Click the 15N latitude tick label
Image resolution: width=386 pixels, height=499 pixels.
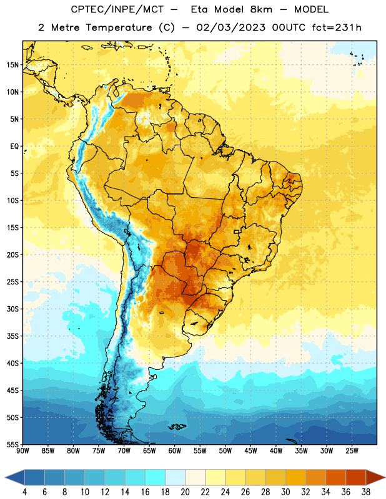[12, 65]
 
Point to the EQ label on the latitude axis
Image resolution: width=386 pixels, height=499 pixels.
[14, 147]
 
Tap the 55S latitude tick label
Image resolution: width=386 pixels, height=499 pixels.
[12, 444]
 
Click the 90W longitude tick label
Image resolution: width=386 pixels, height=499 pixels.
[22, 450]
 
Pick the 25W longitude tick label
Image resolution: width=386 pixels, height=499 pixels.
[352, 450]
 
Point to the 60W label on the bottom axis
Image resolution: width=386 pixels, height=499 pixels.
[175, 450]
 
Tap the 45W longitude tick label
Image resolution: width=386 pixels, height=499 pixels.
[250, 450]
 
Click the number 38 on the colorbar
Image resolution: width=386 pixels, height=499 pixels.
[366, 492]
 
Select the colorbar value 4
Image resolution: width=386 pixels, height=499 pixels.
[24, 492]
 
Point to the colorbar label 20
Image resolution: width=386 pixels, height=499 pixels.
[185, 492]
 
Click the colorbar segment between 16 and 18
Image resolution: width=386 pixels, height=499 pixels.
[156, 478]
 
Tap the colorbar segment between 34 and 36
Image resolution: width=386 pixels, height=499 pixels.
[335, 478]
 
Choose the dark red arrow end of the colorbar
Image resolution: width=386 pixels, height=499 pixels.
[375, 478]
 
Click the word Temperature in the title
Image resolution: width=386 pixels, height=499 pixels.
[119, 27]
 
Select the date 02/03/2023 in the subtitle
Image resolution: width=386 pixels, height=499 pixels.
[230, 27]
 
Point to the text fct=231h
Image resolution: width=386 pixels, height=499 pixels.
[337, 27]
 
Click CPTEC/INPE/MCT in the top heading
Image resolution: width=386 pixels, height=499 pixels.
[117, 9]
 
